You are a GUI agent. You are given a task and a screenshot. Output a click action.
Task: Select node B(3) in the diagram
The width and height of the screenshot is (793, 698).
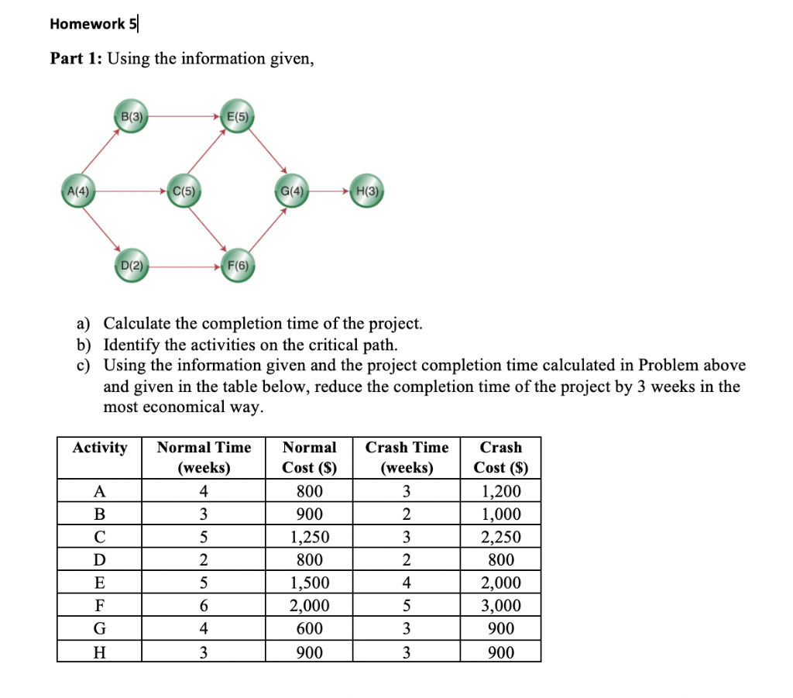tap(130, 118)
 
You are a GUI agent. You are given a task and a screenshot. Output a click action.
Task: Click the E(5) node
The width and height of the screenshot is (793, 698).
tap(236, 118)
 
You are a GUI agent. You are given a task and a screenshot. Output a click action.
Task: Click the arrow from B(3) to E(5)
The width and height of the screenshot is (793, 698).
tap(183, 119)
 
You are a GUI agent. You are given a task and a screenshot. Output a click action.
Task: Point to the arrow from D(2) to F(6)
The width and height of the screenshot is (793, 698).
tap(184, 266)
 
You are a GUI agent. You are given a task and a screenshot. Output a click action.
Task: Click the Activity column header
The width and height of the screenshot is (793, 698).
tap(100, 448)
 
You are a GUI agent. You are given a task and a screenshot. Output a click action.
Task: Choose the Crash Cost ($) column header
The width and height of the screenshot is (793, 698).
tap(500, 457)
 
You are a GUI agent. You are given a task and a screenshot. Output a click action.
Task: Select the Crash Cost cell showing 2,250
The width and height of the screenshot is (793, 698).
tap(500, 537)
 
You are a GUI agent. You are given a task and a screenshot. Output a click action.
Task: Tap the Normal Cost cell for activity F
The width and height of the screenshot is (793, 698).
tap(309, 606)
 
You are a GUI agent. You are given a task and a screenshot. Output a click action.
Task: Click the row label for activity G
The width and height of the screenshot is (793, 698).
tap(99, 629)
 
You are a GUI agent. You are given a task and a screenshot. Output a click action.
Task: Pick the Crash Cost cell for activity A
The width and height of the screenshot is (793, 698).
tap(500, 491)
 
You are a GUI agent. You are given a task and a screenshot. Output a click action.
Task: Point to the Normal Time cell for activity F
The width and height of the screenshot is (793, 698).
tap(204, 606)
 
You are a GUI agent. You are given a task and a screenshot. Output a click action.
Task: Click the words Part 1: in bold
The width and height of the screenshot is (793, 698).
tap(75, 60)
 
